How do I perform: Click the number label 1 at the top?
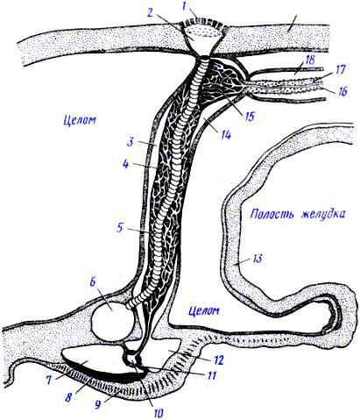pyautogui.click(x=184, y=7)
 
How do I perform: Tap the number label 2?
pyautogui.click(x=151, y=13)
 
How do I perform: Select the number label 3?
pyautogui.click(x=131, y=142)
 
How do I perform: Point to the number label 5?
pyautogui.click(x=120, y=228)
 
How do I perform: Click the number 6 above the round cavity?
pyautogui.click(x=93, y=283)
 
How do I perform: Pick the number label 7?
pyautogui.click(x=48, y=380)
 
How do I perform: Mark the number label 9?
pyautogui.click(x=98, y=404)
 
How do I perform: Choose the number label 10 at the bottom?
pyautogui.click(x=158, y=413)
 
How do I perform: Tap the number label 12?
pyautogui.click(x=218, y=360)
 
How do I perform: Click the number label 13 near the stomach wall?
pyautogui.click(x=257, y=259)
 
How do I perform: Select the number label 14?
pyautogui.click(x=225, y=135)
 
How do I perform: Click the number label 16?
pyautogui.click(x=342, y=91)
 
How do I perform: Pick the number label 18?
pyautogui.click(x=309, y=61)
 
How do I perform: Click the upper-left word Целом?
pyautogui.click(x=80, y=119)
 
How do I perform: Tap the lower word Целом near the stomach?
pyautogui.click(x=204, y=310)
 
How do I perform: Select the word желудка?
pyautogui.click(x=322, y=214)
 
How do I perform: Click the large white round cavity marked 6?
pyautogui.click(x=113, y=321)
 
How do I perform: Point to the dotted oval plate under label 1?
pyautogui.click(x=203, y=31)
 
